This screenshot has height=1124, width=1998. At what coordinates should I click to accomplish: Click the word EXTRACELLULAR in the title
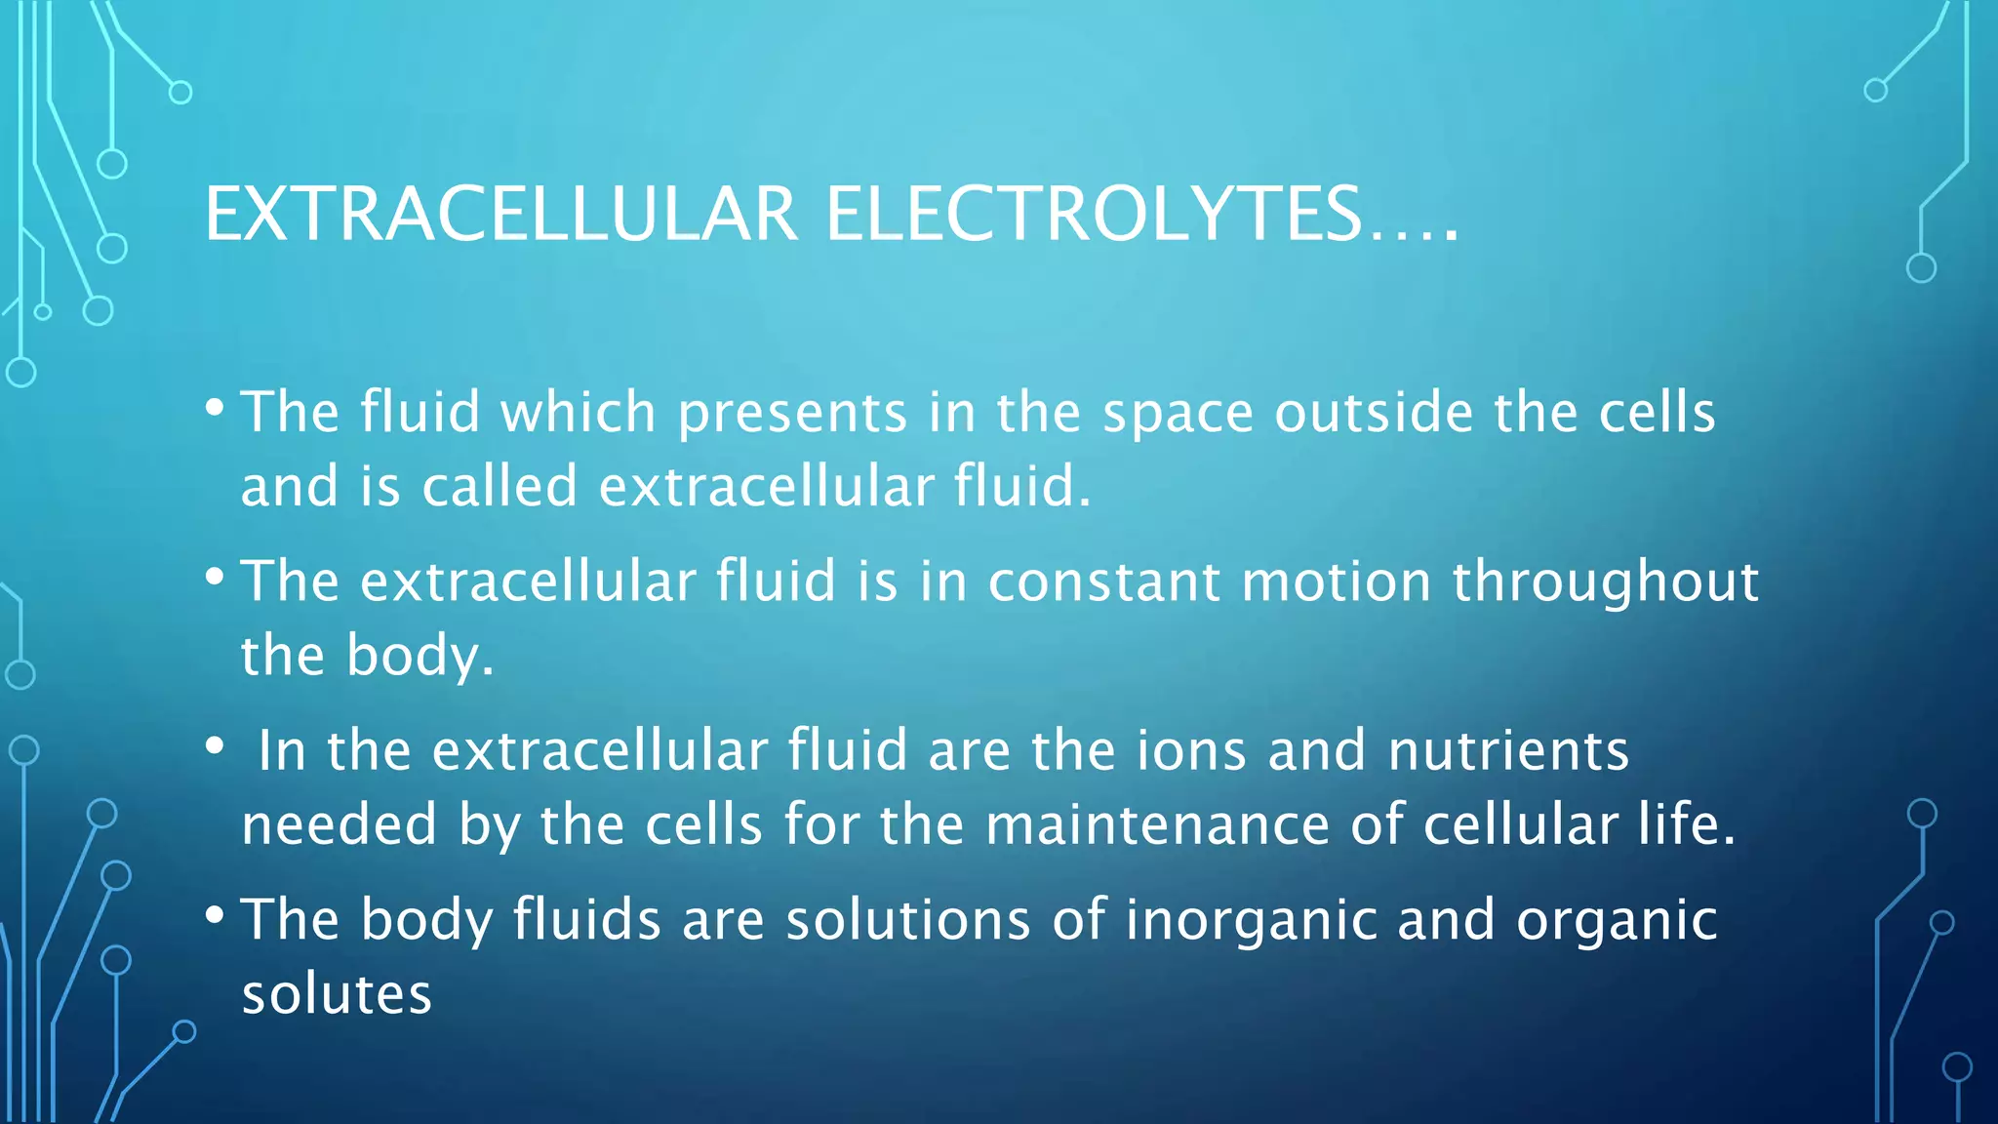(501, 215)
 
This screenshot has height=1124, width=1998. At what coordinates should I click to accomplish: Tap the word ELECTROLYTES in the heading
(1093, 215)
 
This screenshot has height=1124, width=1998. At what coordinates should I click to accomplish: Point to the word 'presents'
(792, 414)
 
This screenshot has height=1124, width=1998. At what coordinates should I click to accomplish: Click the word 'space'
(1178, 414)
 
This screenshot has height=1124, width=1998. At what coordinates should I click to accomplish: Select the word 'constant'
(1103, 582)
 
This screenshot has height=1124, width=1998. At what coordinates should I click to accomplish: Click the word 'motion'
(1336, 582)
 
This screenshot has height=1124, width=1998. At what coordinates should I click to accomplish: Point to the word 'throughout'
(1606, 583)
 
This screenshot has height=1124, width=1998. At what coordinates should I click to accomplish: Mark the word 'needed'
(339, 824)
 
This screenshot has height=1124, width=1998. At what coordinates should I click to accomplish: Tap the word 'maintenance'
(1157, 824)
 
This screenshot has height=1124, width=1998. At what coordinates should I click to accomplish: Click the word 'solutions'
(907, 920)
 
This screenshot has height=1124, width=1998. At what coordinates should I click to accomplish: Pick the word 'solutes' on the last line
(337, 994)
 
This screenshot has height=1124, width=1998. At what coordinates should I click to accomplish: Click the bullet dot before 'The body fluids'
(215, 915)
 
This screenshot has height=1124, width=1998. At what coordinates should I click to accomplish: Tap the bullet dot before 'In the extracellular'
(215, 746)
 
